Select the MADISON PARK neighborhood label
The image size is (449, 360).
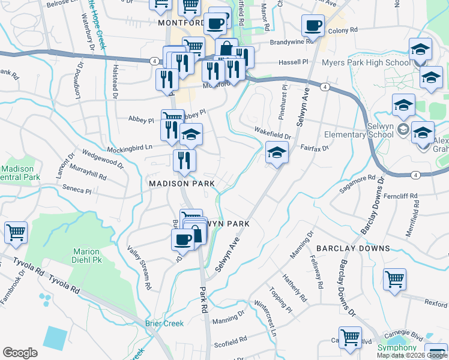[x=178, y=182]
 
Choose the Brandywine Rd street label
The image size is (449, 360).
[x=292, y=42]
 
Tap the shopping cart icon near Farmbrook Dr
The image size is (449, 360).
[x=16, y=232]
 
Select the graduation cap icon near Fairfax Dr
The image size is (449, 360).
[x=277, y=154]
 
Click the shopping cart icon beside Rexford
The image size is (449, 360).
[x=394, y=278]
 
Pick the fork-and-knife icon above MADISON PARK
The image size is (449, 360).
[x=184, y=160]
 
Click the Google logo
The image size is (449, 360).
[x=20, y=353]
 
